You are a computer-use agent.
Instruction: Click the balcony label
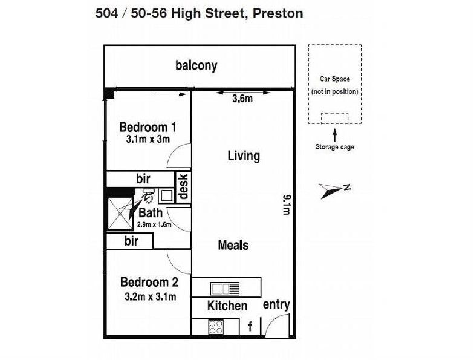click(196, 65)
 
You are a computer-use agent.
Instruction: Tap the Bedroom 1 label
click(148, 127)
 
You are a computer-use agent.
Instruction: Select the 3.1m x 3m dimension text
click(148, 139)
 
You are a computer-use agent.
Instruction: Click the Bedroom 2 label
click(149, 282)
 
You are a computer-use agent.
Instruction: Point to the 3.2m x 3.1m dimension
click(150, 296)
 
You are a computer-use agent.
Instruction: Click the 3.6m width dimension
click(242, 98)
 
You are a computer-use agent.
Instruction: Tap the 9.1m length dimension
click(287, 205)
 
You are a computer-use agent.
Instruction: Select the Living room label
click(244, 156)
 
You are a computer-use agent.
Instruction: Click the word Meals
click(233, 245)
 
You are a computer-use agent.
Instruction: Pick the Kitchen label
click(227, 306)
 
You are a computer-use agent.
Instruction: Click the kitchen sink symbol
click(225, 289)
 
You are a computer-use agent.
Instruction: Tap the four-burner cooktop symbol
click(216, 327)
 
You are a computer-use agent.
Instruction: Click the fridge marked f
click(250, 327)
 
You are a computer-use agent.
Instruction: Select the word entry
click(276, 305)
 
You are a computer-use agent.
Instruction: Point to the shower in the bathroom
click(120, 214)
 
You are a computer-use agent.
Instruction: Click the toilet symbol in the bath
click(148, 195)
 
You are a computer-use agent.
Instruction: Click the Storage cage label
click(335, 147)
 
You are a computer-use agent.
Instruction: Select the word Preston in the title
click(278, 13)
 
